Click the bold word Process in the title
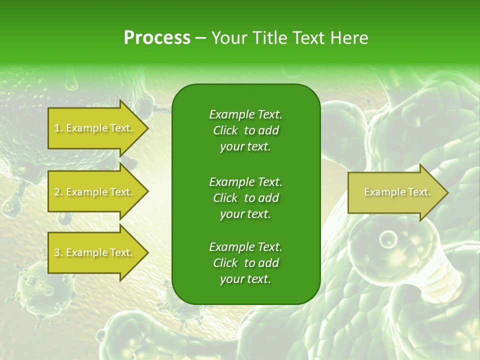(157, 37)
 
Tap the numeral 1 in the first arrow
(56, 128)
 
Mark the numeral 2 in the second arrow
(57, 192)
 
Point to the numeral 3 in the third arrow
(57, 252)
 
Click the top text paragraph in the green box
(245, 130)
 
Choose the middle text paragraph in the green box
(245, 197)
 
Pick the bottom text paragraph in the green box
(245, 263)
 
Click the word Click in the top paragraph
(225, 130)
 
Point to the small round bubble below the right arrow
(387, 239)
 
